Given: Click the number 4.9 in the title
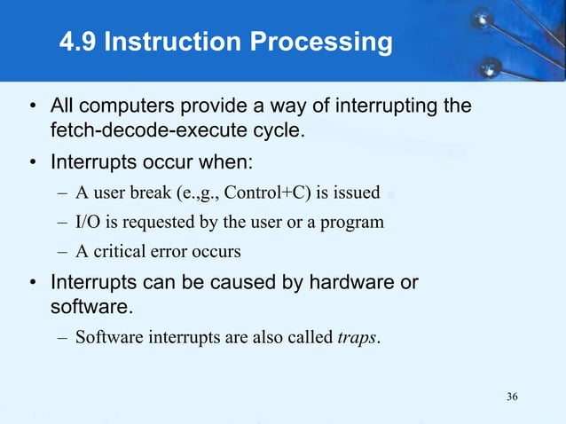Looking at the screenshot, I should [77, 42].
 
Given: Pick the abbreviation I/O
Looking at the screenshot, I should [87, 222].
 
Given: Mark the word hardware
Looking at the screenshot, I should [352, 284].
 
